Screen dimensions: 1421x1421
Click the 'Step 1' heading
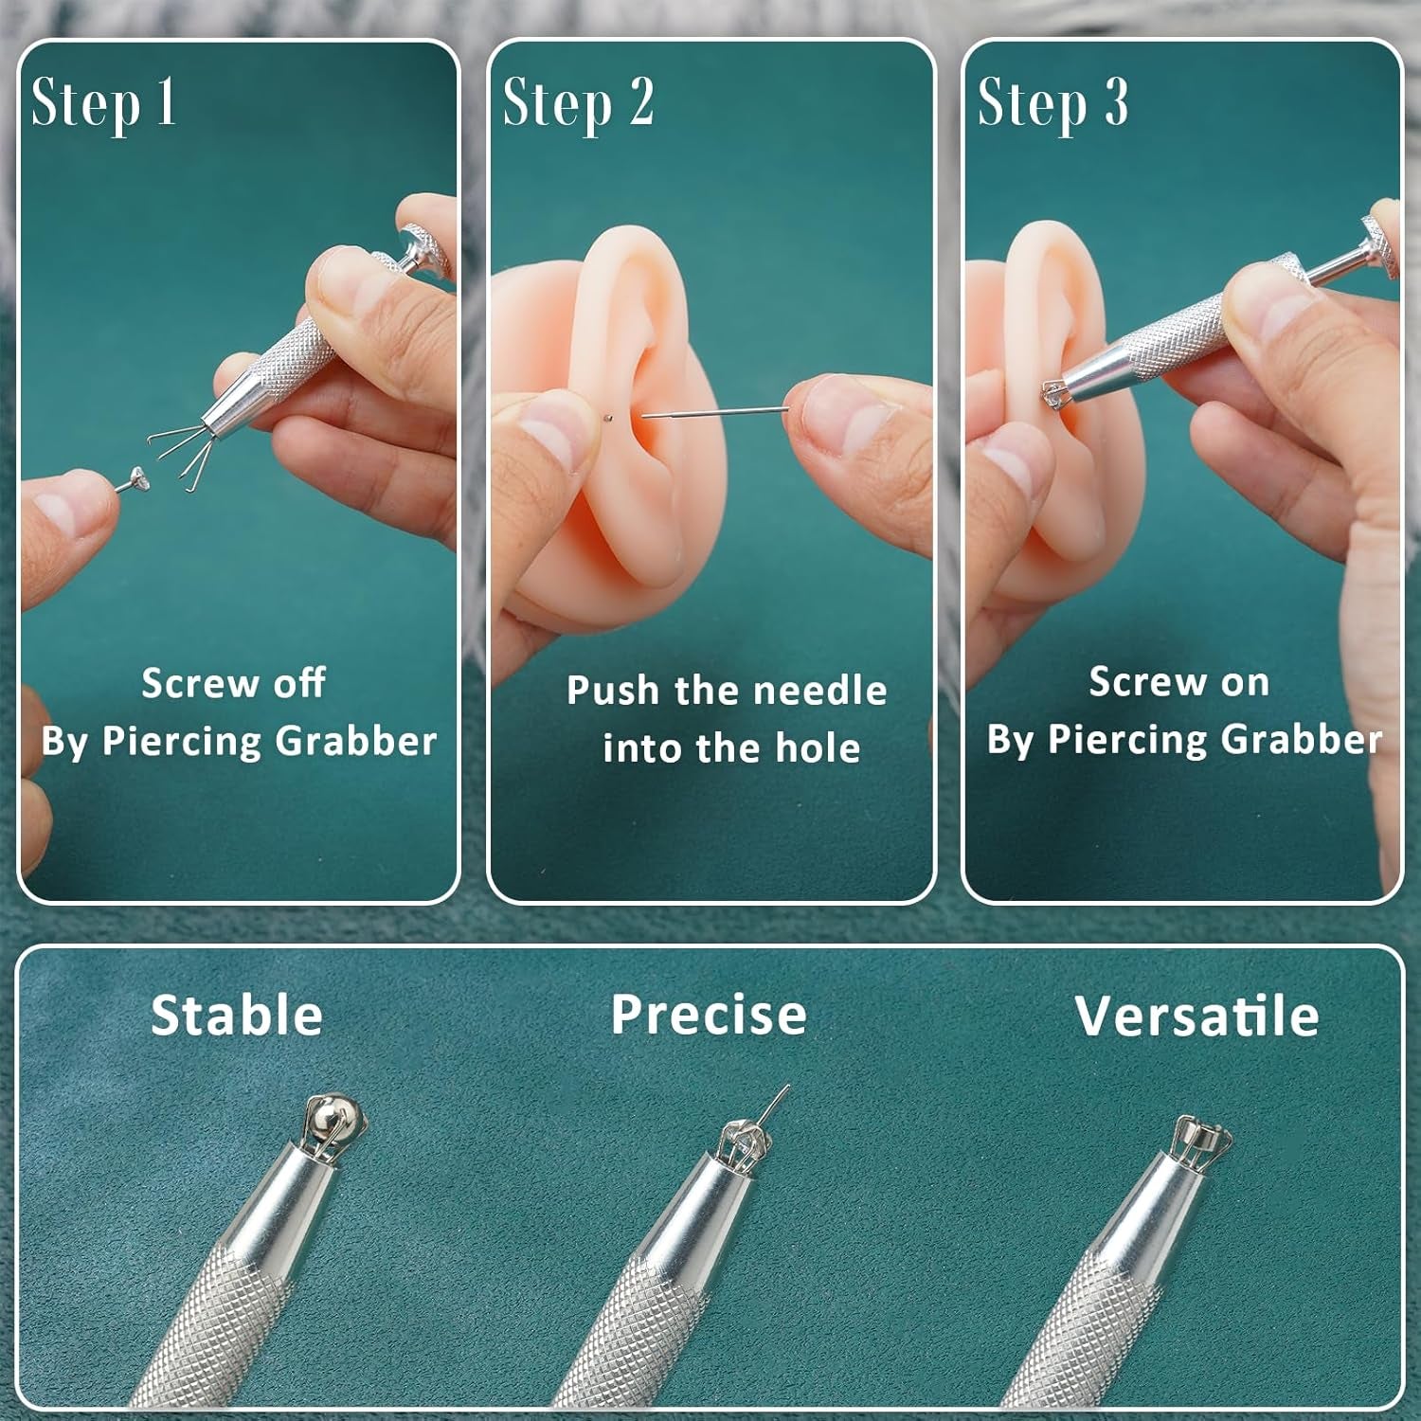tap(103, 102)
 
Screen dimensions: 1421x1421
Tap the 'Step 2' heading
tap(578, 102)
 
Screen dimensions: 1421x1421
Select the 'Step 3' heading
tap(1052, 102)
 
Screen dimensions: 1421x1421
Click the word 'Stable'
tap(237, 1016)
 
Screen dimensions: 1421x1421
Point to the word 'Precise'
tap(709, 1016)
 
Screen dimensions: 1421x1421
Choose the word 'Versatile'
tap(1196, 1016)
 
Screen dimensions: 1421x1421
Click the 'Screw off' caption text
tap(234, 683)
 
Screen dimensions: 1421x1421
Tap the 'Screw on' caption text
tap(1178, 682)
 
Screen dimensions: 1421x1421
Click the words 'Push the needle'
tap(727, 691)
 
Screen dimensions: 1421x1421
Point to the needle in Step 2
tap(715, 411)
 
